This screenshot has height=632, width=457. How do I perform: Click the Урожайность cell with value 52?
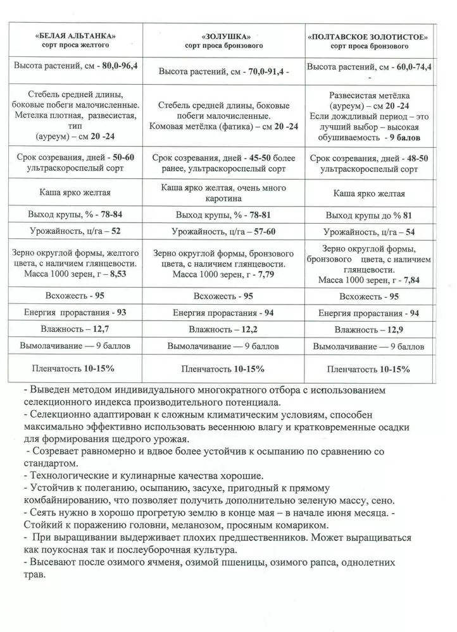coord(116,232)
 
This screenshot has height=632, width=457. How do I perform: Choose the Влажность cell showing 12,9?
coord(394,329)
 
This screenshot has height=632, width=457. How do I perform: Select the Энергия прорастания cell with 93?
coord(121,312)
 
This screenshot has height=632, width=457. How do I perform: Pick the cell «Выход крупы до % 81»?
coord(369,215)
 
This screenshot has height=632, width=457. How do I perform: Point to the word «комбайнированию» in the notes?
coord(61,500)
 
